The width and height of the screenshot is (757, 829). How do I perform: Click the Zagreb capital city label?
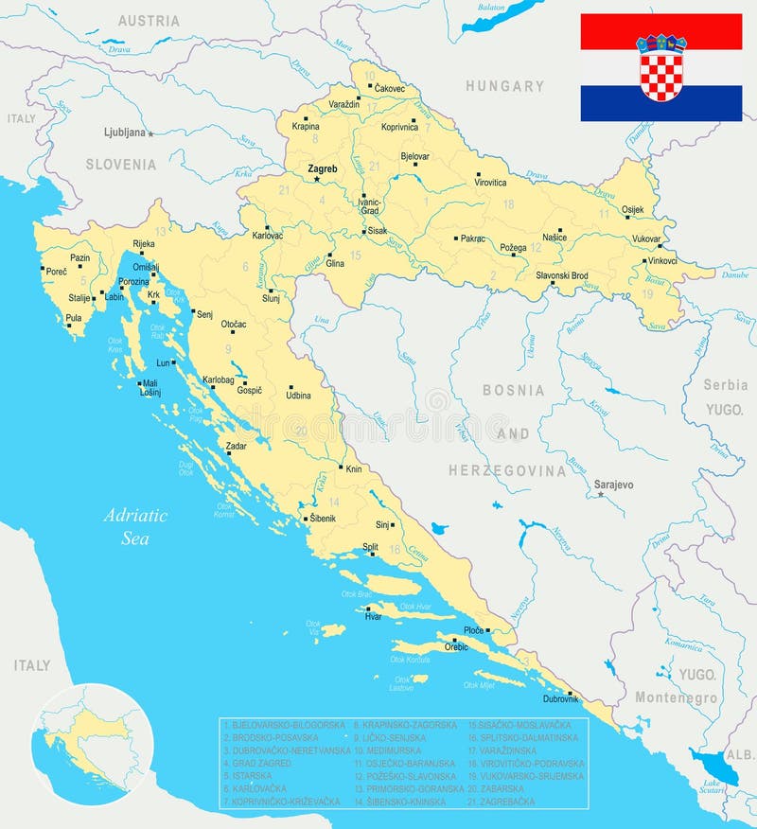(323, 169)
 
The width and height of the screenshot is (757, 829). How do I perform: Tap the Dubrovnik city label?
(560, 698)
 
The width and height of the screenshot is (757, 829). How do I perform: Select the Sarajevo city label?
(613, 485)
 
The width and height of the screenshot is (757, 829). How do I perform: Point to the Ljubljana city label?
(124, 132)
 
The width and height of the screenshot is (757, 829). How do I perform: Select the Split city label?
(370, 547)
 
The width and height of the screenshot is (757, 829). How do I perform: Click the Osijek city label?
(632, 209)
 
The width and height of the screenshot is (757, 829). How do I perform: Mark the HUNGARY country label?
(504, 86)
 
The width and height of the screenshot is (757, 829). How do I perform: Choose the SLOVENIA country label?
(121, 165)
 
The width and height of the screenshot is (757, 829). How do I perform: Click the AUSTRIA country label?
(149, 21)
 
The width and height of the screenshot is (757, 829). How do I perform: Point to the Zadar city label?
(236, 444)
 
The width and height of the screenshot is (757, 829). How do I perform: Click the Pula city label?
(73, 319)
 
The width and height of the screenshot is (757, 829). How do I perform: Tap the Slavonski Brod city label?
(562, 275)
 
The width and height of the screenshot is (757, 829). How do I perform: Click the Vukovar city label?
(646, 239)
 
